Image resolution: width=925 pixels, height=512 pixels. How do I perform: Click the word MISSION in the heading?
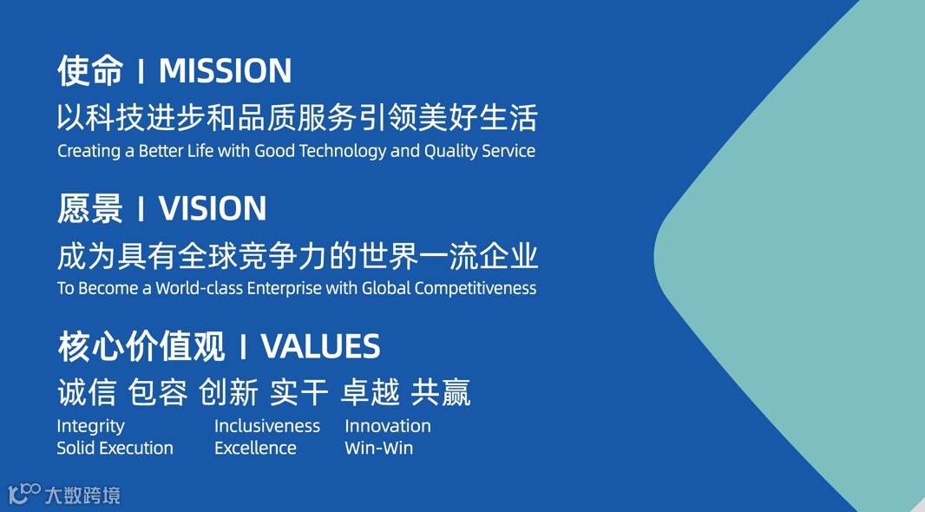coord(226,71)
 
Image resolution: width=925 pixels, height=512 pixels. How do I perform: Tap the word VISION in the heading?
coord(213,209)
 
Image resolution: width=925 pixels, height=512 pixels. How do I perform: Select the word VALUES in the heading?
coord(321,346)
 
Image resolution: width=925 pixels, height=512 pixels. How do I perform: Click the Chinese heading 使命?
coord(90,71)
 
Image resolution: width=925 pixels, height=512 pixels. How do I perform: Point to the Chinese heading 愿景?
coord(90,209)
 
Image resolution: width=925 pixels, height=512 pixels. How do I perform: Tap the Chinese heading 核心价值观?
coord(141,346)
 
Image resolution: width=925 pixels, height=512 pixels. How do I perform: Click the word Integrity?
coord(91,426)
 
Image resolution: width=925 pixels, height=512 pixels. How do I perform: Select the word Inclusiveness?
coord(267,426)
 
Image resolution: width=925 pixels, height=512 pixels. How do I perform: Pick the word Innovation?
coord(388,426)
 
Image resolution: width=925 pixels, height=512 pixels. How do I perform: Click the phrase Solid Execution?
coord(115,448)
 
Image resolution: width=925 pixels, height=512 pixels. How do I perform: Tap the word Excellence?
coord(255,448)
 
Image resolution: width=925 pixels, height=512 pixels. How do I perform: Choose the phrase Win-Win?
coord(378,448)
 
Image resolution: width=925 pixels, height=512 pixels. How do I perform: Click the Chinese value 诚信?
coord(87,392)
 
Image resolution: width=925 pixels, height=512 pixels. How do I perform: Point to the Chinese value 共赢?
coord(441,392)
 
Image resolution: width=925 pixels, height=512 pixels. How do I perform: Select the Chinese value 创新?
coord(228,392)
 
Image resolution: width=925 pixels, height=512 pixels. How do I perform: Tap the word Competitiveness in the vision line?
coord(476,288)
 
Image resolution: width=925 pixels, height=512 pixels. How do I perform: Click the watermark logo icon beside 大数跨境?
coord(24,493)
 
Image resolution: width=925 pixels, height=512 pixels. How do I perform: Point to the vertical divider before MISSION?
coord(141,71)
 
